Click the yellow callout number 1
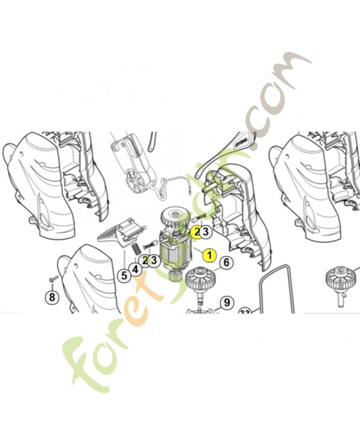pos(209,256)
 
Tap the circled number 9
pos(226,302)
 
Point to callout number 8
pos(52,297)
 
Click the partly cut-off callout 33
pos(245,312)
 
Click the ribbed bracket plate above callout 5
pos(119,233)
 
